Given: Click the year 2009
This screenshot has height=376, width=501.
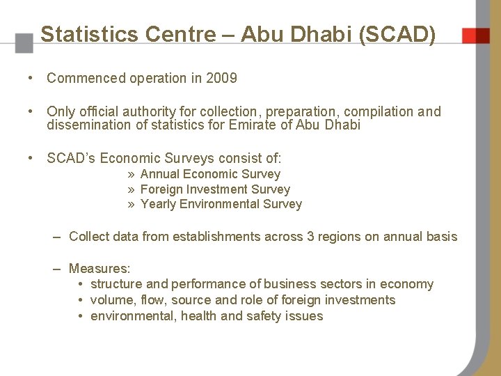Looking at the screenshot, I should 222,78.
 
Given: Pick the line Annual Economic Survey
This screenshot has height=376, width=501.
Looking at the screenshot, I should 210,174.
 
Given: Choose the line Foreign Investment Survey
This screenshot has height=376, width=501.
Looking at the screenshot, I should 215,189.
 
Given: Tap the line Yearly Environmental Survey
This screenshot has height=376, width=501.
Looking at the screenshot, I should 221,204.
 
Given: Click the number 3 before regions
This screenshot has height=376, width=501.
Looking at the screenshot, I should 310,237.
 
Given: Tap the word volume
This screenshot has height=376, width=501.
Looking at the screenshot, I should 112,300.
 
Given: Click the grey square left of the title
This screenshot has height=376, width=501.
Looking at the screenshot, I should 24,43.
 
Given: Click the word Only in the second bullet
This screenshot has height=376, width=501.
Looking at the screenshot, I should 61,111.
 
